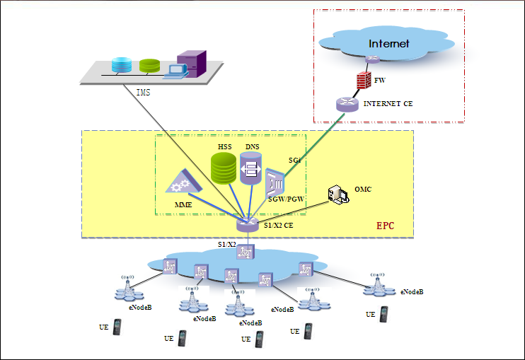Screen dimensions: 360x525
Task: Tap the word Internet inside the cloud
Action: (388, 44)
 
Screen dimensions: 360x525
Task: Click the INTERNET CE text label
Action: (388, 104)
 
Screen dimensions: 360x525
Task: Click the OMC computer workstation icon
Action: (338, 195)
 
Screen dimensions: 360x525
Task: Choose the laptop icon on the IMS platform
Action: (173, 69)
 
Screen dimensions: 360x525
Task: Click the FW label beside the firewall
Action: (379, 81)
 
